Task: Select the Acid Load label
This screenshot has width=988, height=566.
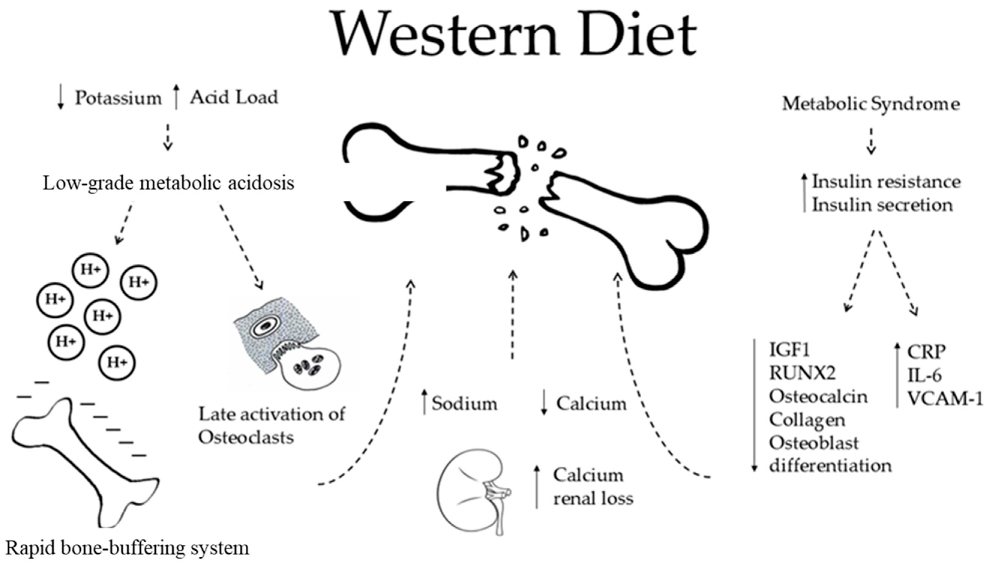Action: tap(234, 97)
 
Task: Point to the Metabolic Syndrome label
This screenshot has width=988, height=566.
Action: tap(871, 104)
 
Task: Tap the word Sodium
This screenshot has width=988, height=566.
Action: tap(465, 404)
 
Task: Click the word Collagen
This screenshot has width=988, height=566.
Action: tap(807, 420)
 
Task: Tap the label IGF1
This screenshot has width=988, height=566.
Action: tap(789, 350)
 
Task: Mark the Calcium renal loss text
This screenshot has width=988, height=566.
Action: tap(593, 487)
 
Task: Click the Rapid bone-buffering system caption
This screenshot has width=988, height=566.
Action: tap(127, 548)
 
